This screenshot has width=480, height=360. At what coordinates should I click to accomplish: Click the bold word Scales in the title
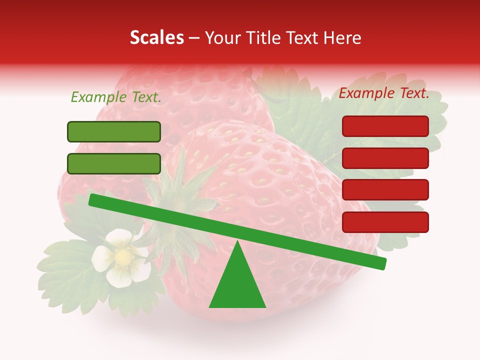pos(157,38)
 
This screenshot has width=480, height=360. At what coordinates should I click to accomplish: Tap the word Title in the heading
pos(262,38)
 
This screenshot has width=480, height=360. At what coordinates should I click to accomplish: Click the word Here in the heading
pos(342,38)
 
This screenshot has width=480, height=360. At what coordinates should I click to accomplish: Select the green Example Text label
pos(116,97)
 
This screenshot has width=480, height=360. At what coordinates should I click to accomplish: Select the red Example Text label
pos(384,93)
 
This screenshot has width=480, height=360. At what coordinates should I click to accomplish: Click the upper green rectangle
pos(114,131)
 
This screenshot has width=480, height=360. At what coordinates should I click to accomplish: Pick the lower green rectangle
pos(114,163)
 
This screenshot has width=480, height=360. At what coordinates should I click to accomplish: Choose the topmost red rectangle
pos(385,126)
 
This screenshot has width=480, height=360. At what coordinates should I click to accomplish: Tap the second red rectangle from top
pos(385,158)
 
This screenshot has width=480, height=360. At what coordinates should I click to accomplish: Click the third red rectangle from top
pos(385,190)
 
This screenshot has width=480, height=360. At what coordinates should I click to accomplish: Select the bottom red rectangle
pos(385,222)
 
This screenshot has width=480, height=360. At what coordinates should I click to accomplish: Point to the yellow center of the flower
pos(122,257)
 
